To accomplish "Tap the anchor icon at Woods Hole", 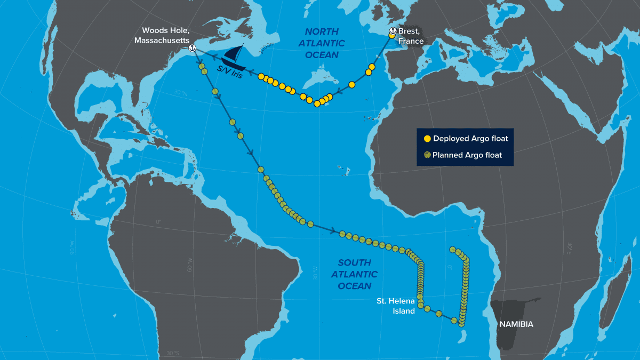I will tap(192, 49).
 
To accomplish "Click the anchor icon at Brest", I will tap(392, 31).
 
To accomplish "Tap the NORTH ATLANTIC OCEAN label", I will tap(322, 43).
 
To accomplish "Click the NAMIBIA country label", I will tap(516, 324).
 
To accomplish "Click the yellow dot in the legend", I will tap(427, 139).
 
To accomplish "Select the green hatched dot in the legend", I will tap(427, 155).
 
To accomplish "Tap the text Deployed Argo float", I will tap(470, 139).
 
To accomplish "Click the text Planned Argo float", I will tap(467, 155).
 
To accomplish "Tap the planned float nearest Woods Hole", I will tap(202, 67).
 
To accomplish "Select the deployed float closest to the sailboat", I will tap(261, 77).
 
